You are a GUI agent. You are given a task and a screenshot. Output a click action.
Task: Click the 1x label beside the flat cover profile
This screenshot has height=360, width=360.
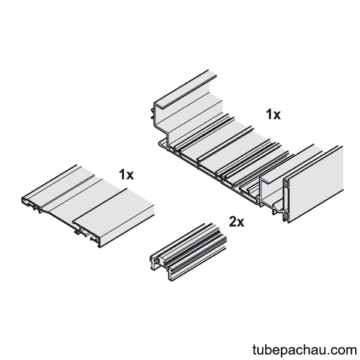pyautogui.click(x=126, y=175)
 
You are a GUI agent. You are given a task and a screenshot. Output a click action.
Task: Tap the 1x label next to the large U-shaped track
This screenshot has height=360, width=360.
pyautogui.click(x=273, y=115)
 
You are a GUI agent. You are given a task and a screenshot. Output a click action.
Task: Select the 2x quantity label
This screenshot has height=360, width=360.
pyautogui.click(x=236, y=222)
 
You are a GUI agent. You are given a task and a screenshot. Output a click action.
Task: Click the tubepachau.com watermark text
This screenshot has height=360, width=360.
pyautogui.click(x=304, y=350)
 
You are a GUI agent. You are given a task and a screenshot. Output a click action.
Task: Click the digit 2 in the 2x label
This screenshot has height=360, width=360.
pyautogui.click(x=233, y=222)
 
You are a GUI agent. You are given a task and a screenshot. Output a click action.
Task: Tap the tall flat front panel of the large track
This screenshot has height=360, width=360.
pyautogui.click(x=316, y=184)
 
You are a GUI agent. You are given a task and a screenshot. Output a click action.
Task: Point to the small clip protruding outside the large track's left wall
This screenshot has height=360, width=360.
pyautogui.click(x=152, y=113)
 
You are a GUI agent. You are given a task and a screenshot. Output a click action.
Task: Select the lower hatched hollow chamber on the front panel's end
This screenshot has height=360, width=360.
pyautogui.click(x=286, y=215)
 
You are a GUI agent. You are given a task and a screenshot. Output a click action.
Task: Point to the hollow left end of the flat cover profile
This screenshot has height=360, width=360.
pyautogui.click(x=29, y=203)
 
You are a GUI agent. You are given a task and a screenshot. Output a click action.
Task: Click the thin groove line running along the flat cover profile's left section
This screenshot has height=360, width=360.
pyautogui.click(x=69, y=190)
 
